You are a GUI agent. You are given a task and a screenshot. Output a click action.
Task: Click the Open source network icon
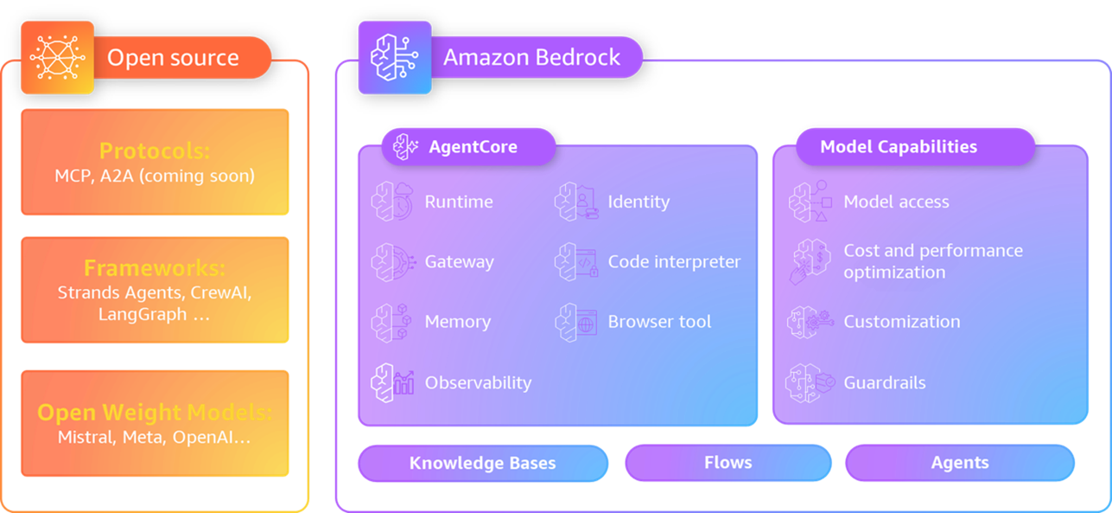[x=57, y=57]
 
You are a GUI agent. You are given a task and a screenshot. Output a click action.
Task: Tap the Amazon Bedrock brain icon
[x=394, y=57]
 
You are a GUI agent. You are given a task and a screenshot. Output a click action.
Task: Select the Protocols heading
[x=155, y=151]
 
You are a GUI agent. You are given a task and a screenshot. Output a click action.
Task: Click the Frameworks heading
[x=155, y=267]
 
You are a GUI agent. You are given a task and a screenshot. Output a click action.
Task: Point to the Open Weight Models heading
[x=155, y=412]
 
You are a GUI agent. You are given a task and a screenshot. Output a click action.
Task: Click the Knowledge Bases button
[x=482, y=463]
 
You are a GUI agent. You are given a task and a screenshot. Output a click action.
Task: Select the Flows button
[x=728, y=463]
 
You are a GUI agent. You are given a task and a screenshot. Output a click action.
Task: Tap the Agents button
[x=959, y=463]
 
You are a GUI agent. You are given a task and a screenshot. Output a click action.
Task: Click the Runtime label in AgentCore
[x=459, y=202]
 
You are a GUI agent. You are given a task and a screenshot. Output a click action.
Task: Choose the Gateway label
[x=459, y=261]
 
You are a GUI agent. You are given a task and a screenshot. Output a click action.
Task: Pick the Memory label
[x=457, y=322]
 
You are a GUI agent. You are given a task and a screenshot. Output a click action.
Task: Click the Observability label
[x=478, y=382]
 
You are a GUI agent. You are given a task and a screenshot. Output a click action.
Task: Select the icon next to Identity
[x=567, y=202]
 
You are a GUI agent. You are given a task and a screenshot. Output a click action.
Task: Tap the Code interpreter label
[x=674, y=261]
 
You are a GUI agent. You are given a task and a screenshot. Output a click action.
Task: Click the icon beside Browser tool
[x=567, y=322]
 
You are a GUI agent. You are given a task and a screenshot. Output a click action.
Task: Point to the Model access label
[x=896, y=202]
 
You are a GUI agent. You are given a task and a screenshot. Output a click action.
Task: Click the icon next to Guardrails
[x=802, y=383]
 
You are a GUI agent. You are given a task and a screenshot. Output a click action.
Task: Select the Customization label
[x=901, y=322]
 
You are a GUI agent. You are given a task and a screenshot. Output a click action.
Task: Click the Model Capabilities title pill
[x=899, y=146]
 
